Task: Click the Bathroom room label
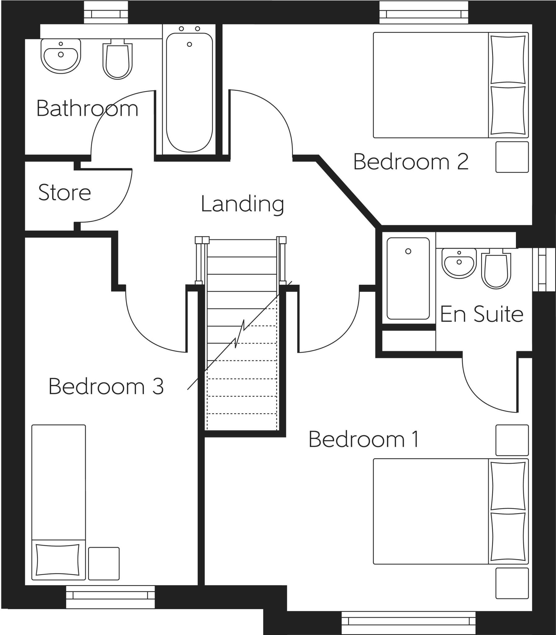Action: [87, 109]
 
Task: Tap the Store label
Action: [64, 193]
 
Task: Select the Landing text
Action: [242, 204]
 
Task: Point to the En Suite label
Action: [482, 314]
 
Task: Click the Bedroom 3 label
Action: [106, 386]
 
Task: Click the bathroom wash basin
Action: [61, 56]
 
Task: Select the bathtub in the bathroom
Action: [189, 93]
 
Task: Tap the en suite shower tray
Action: [408, 278]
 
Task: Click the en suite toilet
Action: [496, 270]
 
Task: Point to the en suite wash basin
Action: [459, 263]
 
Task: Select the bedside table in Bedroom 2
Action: [512, 157]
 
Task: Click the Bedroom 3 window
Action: [110, 595]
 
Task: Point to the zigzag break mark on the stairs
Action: [240, 334]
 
